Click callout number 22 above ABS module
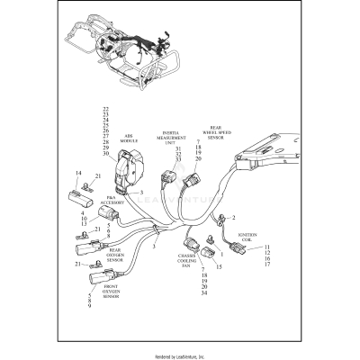107,109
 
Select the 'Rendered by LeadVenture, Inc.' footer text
179,355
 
